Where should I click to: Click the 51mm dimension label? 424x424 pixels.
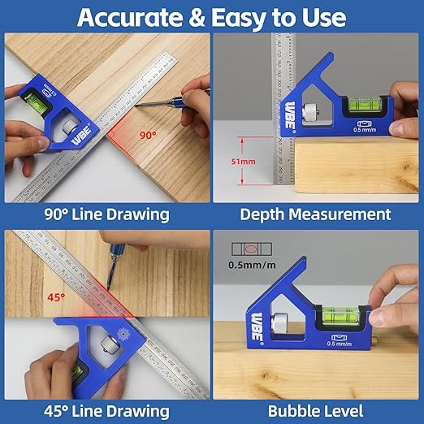click(x=241, y=162)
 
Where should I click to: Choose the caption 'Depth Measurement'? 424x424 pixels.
click(x=315, y=214)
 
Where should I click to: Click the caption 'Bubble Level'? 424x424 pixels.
click(x=317, y=410)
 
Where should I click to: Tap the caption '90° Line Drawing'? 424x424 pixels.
click(x=107, y=214)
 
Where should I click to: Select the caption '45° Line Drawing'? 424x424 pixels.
click(x=107, y=410)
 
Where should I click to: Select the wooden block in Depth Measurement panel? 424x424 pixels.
click(x=357, y=171)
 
